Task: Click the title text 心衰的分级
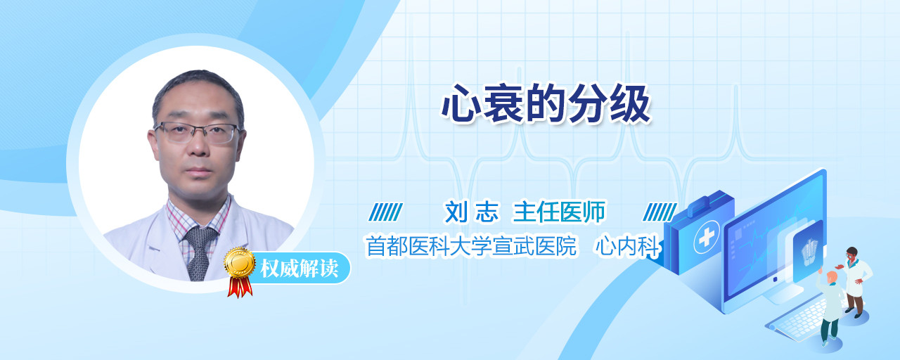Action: pyautogui.click(x=546, y=104)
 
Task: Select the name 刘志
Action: pyautogui.click(x=472, y=212)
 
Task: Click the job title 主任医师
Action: pyautogui.click(x=559, y=212)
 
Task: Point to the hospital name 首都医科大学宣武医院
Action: pyautogui.click(x=471, y=246)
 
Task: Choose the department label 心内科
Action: pyautogui.click(x=628, y=246)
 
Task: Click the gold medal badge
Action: pyautogui.click(x=240, y=262)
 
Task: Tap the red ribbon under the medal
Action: pyautogui.click(x=240, y=286)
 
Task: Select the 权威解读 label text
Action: pyautogui.click(x=300, y=268)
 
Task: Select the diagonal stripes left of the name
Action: pyautogui.click(x=385, y=212)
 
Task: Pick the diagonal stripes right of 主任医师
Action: pyautogui.click(x=660, y=212)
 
